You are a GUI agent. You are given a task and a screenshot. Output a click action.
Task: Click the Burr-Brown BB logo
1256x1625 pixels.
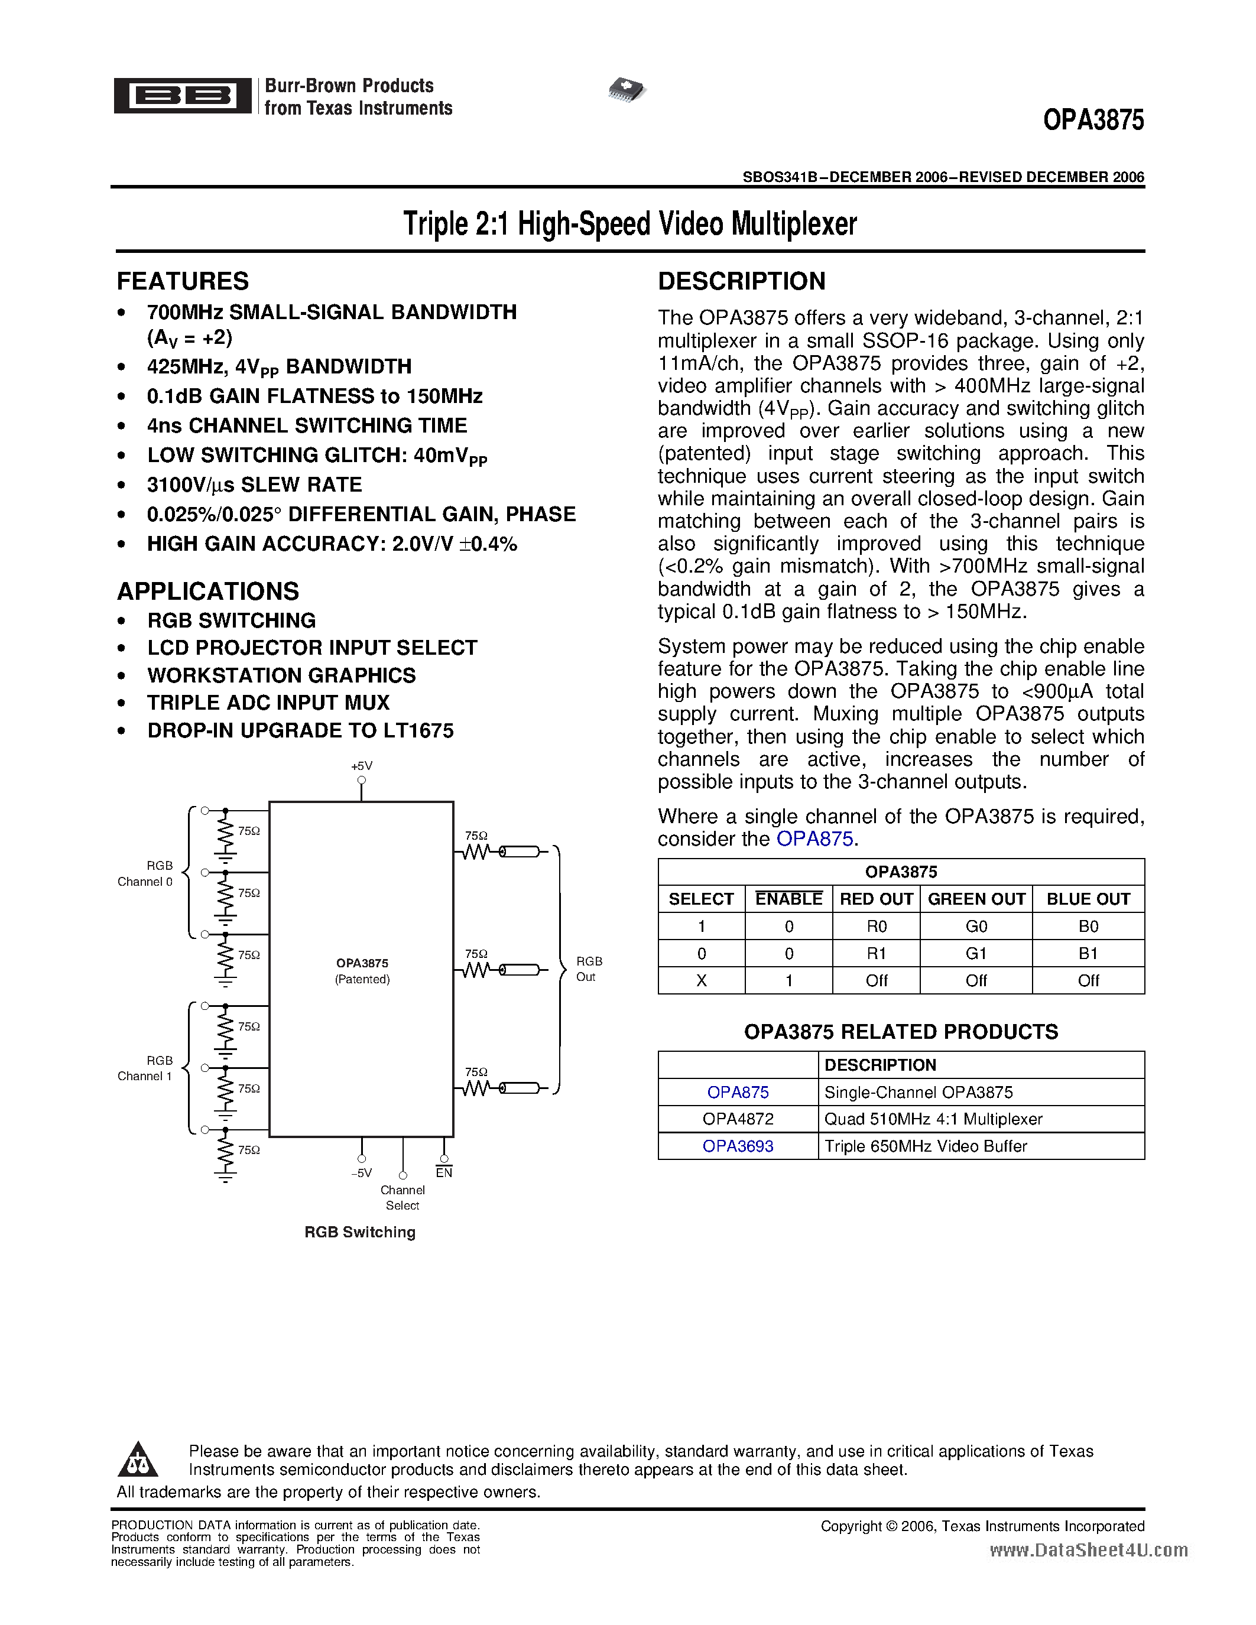(182, 95)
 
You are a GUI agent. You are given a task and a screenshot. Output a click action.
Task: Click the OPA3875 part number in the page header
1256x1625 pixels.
(1092, 121)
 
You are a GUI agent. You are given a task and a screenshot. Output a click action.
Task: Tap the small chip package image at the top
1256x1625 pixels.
(627, 89)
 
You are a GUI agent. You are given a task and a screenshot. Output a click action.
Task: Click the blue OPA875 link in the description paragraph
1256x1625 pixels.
(814, 839)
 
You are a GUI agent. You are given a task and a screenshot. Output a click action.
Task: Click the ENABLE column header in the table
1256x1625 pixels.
(788, 899)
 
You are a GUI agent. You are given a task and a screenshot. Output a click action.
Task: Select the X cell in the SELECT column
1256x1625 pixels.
(701, 981)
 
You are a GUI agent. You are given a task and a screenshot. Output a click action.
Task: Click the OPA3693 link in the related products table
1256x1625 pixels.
(738, 1146)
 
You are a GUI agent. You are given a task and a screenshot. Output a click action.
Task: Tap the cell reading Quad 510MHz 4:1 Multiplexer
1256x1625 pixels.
(933, 1119)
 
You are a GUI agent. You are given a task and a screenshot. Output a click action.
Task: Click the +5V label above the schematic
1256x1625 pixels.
(362, 766)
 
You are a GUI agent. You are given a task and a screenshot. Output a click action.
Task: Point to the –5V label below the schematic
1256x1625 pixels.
(361, 1174)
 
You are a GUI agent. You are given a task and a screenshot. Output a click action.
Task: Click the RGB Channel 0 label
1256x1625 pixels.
(146, 873)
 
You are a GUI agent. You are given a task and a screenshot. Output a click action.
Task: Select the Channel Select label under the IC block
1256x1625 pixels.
(403, 1198)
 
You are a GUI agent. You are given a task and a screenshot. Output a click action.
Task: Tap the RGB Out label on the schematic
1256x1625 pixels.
(589, 968)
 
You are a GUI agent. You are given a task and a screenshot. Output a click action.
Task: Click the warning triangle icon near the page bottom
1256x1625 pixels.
(138, 1461)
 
